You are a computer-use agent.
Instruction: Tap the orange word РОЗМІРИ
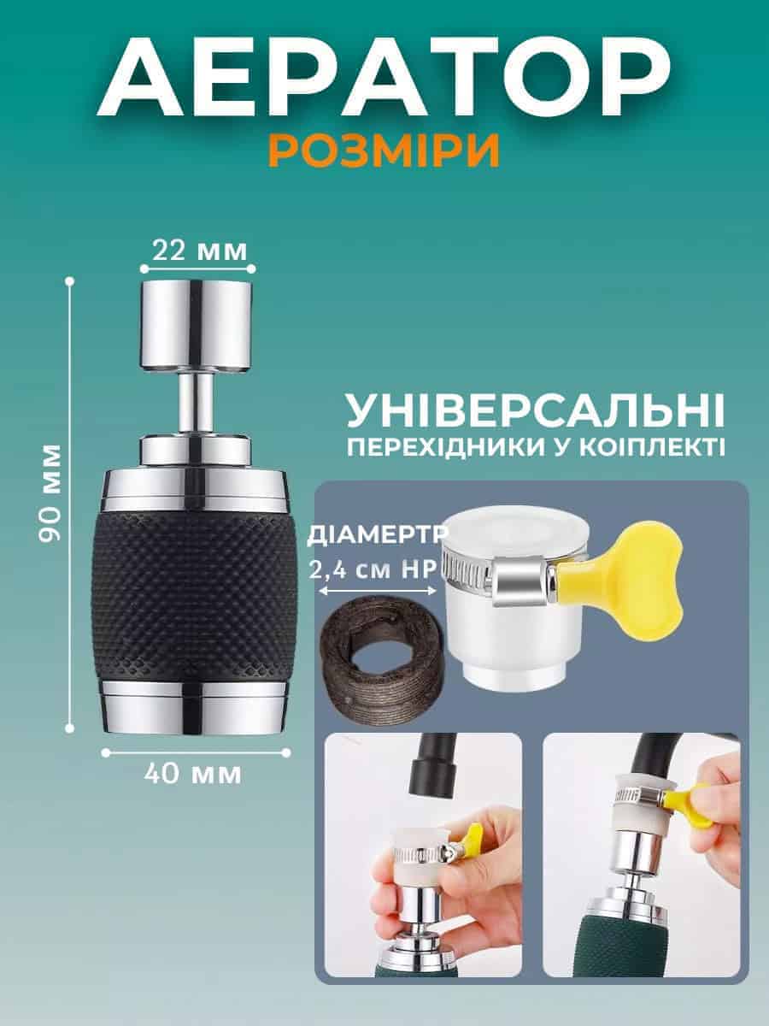coord(384,150)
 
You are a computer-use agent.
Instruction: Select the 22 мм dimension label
coord(199,251)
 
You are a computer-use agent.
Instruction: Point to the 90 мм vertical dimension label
coord(50,493)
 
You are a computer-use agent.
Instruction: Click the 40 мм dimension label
coord(193,775)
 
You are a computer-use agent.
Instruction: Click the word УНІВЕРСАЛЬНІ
coord(536,411)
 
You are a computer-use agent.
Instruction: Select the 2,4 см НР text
coord(373,570)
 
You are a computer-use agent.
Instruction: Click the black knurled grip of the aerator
coord(195,597)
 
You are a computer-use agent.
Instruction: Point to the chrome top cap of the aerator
coord(197,327)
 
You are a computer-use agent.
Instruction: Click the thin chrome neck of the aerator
coord(197,404)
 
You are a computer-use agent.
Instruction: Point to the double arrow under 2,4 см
coord(377,592)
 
